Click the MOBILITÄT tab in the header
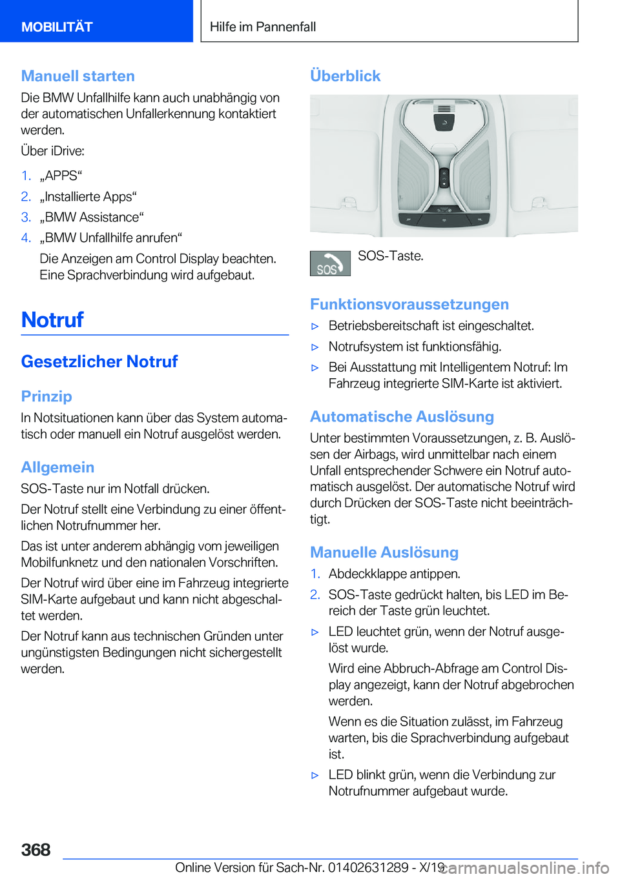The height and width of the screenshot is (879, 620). (x=57, y=27)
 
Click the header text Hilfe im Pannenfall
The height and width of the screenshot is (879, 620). (x=263, y=27)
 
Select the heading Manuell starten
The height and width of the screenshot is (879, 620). (x=78, y=76)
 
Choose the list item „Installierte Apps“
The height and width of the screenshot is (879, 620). (x=88, y=197)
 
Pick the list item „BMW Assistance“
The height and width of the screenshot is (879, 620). (x=92, y=217)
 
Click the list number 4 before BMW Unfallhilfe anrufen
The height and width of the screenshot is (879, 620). (x=26, y=238)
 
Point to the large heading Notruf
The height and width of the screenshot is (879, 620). (x=53, y=320)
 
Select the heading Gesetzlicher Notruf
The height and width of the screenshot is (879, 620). (x=99, y=362)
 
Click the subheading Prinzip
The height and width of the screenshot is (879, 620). (x=46, y=397)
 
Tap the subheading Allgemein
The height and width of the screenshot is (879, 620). (x=57, y=468)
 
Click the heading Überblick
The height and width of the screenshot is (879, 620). (x=346, y=76)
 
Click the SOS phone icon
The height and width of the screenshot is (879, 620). (x=330, y=264)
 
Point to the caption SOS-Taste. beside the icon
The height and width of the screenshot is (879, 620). (x=391, y=256)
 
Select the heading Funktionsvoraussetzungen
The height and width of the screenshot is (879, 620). (x=409, y=305)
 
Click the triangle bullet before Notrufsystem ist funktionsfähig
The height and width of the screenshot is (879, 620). (x=315, y=347)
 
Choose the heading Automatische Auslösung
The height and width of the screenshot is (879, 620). (x=402, y=417)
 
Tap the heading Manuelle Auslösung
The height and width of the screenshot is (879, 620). (x=384, y=553)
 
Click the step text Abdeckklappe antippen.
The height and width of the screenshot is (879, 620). (x=394, y=574)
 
